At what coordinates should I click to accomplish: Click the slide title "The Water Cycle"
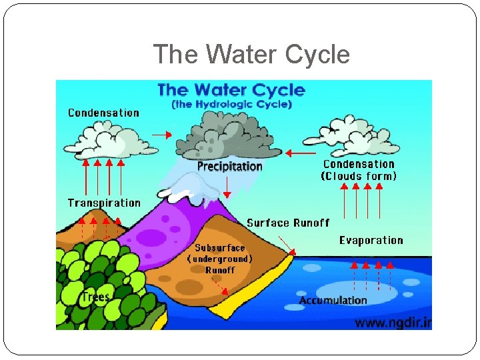coord(251,54)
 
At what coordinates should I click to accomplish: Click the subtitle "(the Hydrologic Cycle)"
coord(231,104)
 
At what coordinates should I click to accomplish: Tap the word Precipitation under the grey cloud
coord(230,166)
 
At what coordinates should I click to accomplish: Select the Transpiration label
coord(104,203)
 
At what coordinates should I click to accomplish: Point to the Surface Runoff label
coord(288,223)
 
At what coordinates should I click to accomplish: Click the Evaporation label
coord(371,240)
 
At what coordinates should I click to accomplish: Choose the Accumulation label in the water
coord(333,300)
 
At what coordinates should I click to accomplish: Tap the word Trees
coord(95,297)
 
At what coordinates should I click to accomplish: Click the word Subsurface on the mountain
coord(220,248)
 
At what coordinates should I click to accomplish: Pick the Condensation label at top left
coord(103,113)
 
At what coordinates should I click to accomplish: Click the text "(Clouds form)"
coord(359,176)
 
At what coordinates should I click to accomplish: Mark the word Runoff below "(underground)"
coord(220,270)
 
